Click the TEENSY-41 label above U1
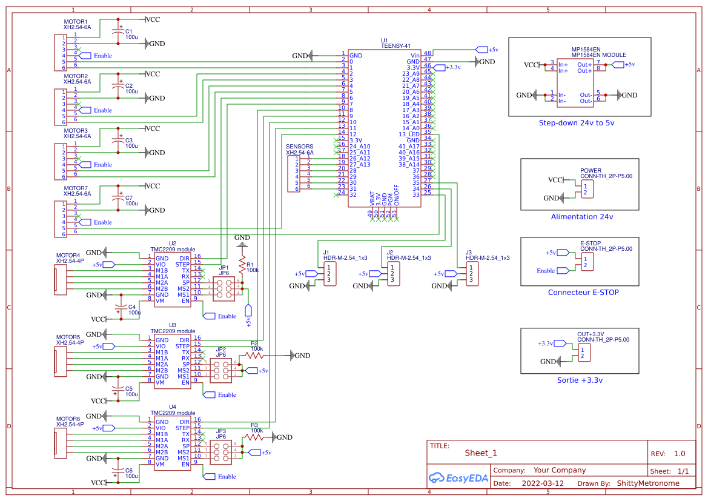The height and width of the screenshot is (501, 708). (396, 47)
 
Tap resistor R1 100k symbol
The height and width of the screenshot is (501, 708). (242, 266)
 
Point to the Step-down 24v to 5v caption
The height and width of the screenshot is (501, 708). (576, 123)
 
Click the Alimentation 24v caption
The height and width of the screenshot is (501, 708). (581, 217)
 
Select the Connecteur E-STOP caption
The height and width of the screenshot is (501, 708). (583, 293)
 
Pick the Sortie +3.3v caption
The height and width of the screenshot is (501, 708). (580, 380)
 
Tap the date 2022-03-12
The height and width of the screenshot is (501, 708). (542, 483)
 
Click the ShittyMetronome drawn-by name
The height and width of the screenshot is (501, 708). (647, 483)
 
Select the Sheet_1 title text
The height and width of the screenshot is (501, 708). (480, 453)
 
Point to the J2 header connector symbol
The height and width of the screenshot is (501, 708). (394, 273)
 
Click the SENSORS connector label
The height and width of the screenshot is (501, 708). (299, 147)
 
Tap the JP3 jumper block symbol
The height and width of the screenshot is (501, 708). (222, 452)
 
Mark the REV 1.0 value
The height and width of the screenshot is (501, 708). (679, 454)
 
